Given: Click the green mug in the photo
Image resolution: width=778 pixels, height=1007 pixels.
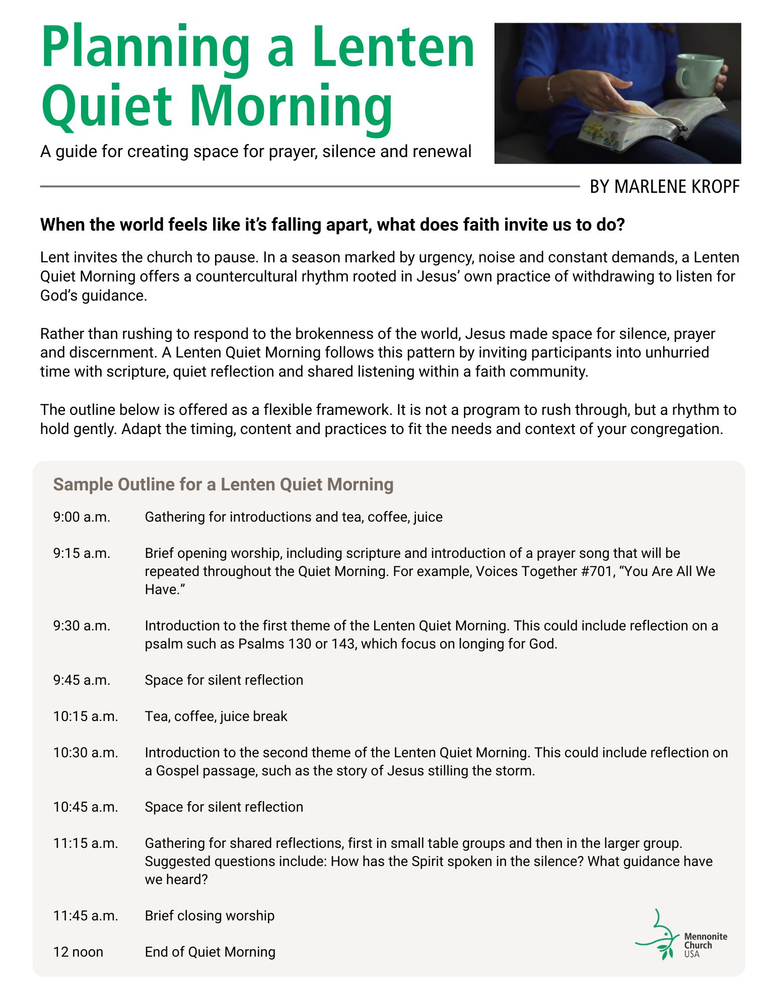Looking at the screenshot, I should coord(699,76).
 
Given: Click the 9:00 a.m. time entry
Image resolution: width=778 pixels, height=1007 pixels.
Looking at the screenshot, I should coord(82,517).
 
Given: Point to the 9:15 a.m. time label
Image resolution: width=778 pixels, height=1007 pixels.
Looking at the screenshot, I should coord(82,553).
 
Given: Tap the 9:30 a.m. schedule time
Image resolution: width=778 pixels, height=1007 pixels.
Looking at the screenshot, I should coord(82,626).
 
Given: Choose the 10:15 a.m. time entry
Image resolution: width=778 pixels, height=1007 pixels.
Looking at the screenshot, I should coord(86,716).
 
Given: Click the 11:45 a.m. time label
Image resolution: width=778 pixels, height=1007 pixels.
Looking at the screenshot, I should coord(86,916).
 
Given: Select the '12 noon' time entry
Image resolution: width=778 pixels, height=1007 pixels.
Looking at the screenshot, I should coord(78,952).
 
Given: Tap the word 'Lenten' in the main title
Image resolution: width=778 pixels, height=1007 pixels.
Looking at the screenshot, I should coord(393,48).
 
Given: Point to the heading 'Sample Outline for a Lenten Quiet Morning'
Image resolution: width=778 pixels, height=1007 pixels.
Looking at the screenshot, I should coord(223,484).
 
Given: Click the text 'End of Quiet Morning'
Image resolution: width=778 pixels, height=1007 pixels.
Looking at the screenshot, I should coord(210,952).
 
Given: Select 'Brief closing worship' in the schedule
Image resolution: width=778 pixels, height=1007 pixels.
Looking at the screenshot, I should coord(209,916).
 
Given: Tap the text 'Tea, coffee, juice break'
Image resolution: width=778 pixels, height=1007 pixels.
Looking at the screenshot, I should coord(216,716).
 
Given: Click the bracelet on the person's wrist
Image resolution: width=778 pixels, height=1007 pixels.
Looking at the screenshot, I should coord(550,90).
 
